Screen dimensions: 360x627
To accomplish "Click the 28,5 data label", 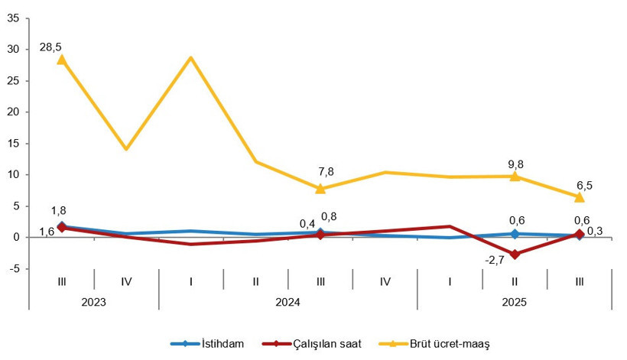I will coord(50,47).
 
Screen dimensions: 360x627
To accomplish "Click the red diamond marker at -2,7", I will coord(515,255).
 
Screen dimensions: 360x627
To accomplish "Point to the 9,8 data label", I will coord(515,163).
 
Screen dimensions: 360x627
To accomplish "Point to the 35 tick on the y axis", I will coord(14,18).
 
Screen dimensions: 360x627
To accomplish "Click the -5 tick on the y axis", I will coord(15,268).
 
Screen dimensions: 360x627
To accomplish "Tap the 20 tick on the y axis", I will coord(14,112).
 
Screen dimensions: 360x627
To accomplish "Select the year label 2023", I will coord(94,301).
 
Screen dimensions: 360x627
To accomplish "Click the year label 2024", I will coord(288,301).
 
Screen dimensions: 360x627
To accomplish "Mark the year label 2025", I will coord(514,301).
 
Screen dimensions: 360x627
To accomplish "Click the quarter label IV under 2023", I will coord(126,281).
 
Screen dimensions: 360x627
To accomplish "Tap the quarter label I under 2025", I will coord(450,281).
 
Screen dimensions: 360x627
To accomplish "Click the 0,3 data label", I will coord(594,232).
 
